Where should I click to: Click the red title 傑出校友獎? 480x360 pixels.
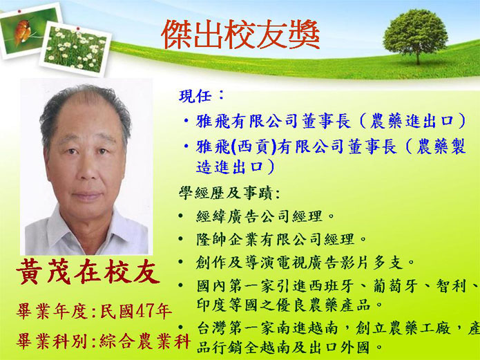coord(240,35)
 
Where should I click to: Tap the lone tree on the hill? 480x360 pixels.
coord(416,36)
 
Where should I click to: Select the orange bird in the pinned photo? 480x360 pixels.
coord(22,32)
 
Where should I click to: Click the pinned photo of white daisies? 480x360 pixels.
coord(75,49)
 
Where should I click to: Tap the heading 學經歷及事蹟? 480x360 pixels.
coord(229,193)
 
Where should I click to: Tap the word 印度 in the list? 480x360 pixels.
coord(211,305)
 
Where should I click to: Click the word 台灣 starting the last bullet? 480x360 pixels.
coord(211,329)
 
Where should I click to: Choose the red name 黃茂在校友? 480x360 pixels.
coord(88,272)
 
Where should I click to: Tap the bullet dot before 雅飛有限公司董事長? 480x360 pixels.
coord(186,120)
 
